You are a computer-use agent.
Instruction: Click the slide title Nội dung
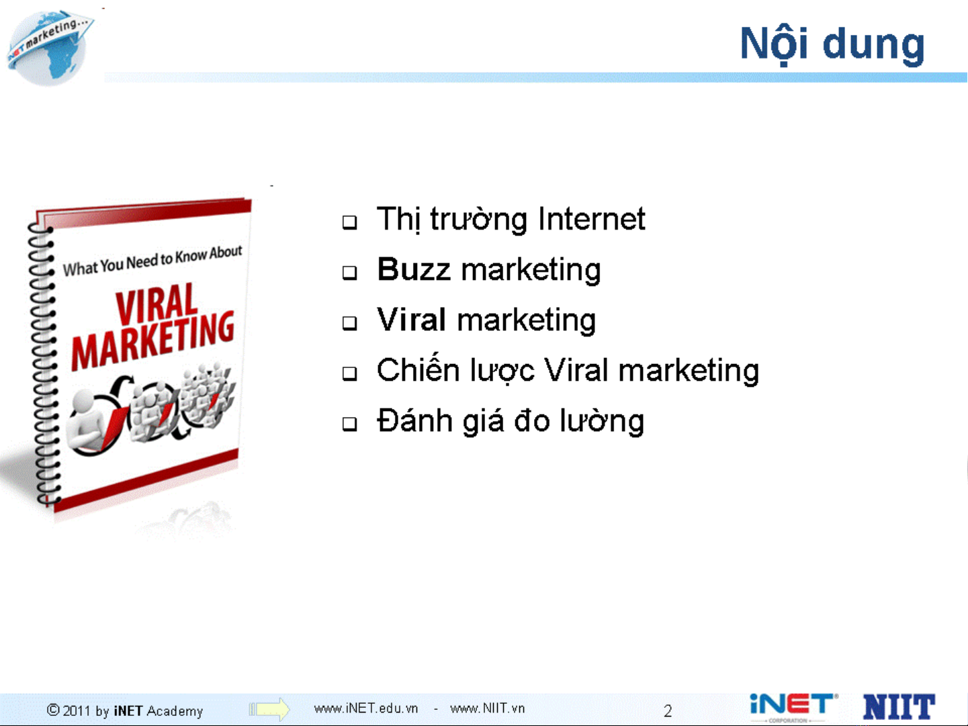pos(832,44)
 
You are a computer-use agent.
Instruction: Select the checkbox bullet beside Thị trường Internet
pos(350,222)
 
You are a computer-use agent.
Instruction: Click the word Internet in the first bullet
pos(591,219)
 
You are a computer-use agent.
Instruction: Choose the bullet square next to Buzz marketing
pos(350,273)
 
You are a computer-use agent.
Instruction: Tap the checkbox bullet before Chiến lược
pos(350,373)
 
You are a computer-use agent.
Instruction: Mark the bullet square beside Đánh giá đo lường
pos(350,424)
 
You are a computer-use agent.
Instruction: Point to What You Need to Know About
pos(152,261)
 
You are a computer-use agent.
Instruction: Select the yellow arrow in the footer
pos(269,709)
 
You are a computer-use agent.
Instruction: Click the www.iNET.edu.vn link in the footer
pos(365,709)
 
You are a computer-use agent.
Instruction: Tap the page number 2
pos(668,711)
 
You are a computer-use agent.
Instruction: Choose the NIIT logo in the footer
pos(899,707)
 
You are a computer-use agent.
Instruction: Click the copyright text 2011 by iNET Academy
pos(125,711)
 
